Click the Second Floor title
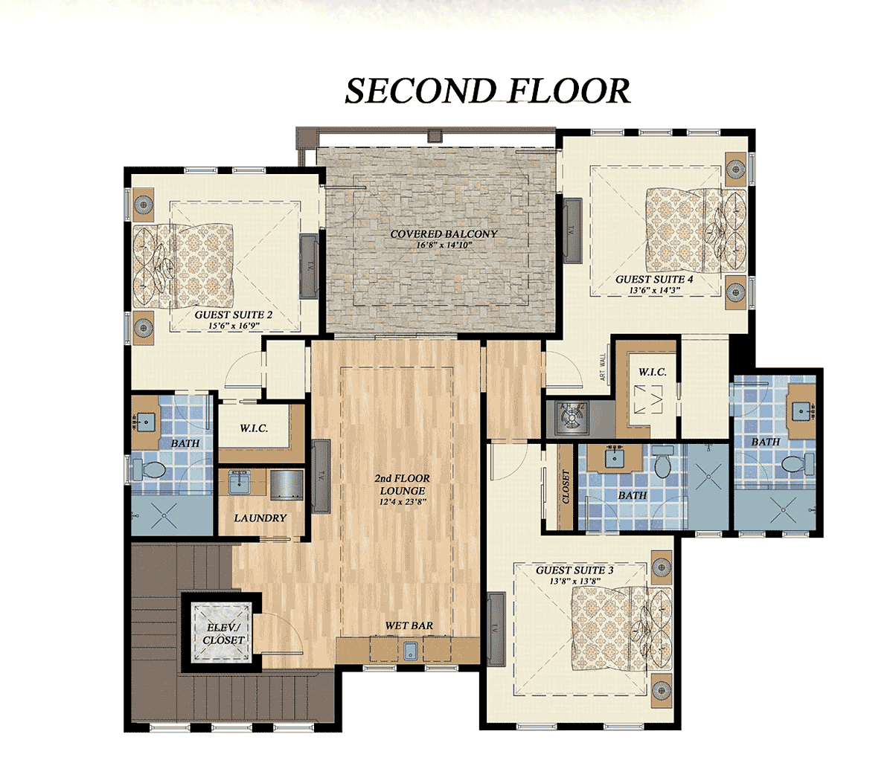point(487,91)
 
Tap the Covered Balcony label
point(444,234)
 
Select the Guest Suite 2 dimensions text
point(233,326)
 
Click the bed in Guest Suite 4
point(696,231)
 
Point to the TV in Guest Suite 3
point(496,628)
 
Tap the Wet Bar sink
point(409,651)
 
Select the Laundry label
point(260,518)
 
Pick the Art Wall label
point(603,368)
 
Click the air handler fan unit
point(571,418)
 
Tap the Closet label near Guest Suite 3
point(566,486)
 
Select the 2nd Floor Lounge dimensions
point(402,502)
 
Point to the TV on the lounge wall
point(321,477)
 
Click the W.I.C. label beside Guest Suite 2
point(254,428)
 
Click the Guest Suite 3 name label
point(574,570)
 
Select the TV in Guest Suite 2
point(309,266)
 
